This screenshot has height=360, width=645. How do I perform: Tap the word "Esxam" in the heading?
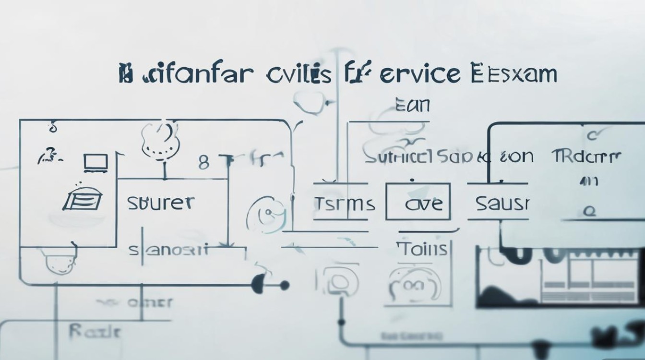pyautogui.click(x=514, y=75)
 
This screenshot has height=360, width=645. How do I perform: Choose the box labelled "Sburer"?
pyautogui.click(x=160, y=203)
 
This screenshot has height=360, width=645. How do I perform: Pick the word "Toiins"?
pyautogui.click(x=422, y=250)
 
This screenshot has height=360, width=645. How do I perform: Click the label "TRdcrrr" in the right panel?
pyautogui.click(x=586, y=156)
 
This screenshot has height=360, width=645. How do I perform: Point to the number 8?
pyautogui.click(x=204, y=163)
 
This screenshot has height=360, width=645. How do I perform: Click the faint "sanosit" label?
pyautogui.click(x=168, y=250)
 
